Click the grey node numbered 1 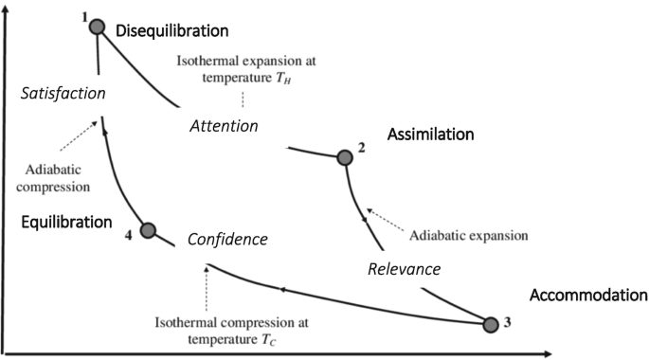[x=96, y=27]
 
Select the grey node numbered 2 [x=344, y=157]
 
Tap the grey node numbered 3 [x=490, y=325]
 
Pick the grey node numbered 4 [x=147, y=230]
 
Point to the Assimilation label [x=430, y=135]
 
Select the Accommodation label [x=588, y=295]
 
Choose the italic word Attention [x=225, y=125]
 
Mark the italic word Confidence [x=227, y=240]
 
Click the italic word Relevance [x=404, y=269]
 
